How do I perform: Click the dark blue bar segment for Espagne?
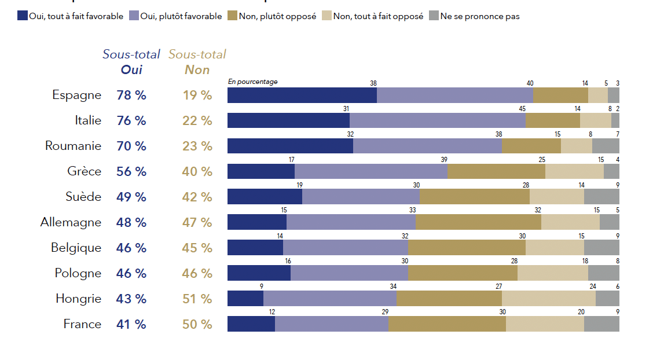[302, 95]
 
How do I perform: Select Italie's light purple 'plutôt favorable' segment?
[437, 120]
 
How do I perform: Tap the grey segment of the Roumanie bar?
[606, 146]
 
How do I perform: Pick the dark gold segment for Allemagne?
[478, 222]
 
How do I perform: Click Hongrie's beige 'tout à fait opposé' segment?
[548, 299]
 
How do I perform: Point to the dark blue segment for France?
[251, 324]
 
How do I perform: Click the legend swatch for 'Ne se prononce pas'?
[434, 16]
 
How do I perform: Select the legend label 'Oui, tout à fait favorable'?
[76, 16]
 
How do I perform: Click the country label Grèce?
[84, 171]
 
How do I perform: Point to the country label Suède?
[83, 197]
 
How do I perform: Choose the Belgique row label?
[76, 248]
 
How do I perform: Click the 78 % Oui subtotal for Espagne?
[131, 95]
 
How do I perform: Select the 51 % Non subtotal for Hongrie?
[197, 299]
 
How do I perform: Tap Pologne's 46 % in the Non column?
[197, 273]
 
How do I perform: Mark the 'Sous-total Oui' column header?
[131, 62]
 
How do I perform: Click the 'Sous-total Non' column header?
[197, 62]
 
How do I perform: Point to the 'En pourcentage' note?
[252, 82]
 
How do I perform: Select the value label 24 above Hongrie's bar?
[592, 287]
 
